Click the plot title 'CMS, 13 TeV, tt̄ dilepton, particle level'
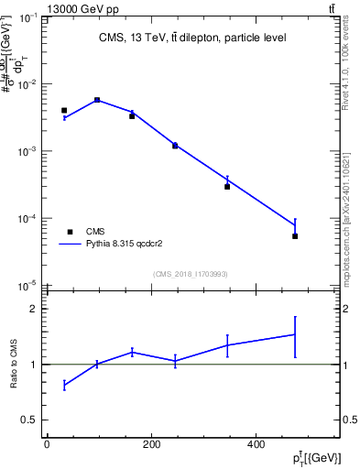coord(192,38)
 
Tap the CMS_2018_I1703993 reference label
coord(191,274)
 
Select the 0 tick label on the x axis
coord(47,445)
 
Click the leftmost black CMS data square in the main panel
coord(64,110)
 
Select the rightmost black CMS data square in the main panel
coord(295,236)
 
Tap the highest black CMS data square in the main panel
coord(97,100)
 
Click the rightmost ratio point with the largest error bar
coord(295,334)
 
